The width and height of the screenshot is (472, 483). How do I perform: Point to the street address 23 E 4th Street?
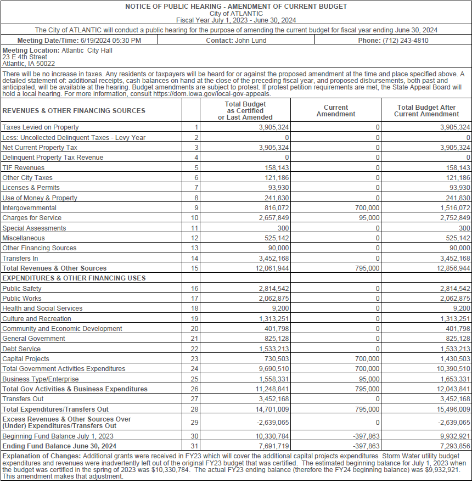[25, 57]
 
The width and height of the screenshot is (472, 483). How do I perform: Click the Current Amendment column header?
[336, 111]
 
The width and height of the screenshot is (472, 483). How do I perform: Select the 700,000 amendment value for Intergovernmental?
[366, 208]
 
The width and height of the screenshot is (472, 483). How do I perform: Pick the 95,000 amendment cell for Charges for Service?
[368, 218]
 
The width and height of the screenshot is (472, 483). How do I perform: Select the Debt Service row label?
[21, 349]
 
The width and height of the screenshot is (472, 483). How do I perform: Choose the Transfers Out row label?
[23, 399]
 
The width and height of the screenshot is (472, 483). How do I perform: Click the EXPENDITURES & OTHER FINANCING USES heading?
[74, 278]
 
